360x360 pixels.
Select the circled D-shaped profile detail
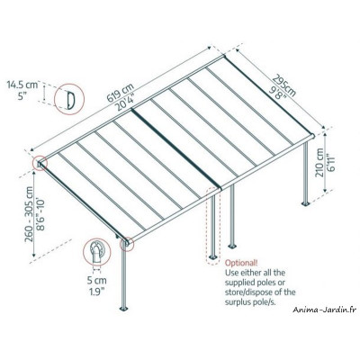[66, 96]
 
